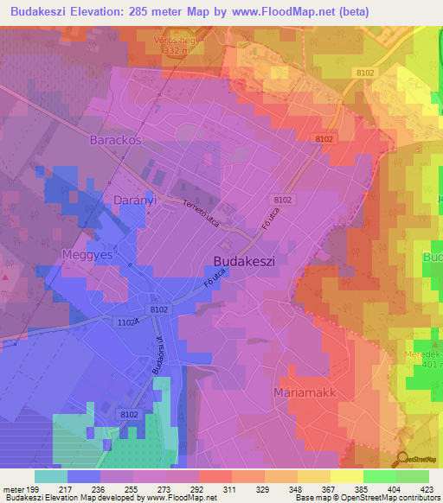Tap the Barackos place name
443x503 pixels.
pyautogui.click(x=115, y=139)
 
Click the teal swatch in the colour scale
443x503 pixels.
pyautogui.click(x=50, y=476)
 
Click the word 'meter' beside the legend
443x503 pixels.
pyautogui.click(x=12, y=488)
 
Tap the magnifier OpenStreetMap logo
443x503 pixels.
pyautogui.click(x=404, y=459)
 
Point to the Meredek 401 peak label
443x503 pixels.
pyautogui.click(x=424, y=358)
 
